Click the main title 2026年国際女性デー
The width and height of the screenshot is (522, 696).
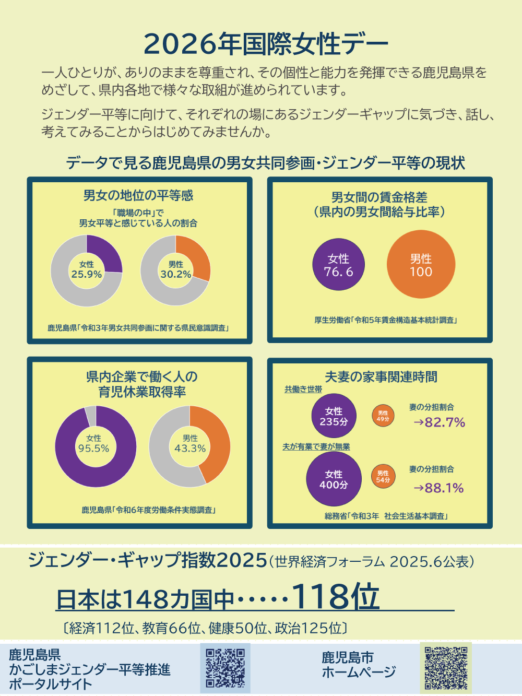(x=266, y=43)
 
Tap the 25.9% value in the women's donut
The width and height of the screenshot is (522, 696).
(x=87, y=275)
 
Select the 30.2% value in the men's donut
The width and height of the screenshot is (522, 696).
(x=176, y=275)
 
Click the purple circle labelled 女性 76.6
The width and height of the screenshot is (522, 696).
(x=338, y=265)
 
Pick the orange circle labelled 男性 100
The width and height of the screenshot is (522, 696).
(x=421, y=265)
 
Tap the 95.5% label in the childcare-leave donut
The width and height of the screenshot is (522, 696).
(x=94, y=449)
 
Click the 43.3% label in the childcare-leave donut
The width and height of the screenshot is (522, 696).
(x=190, y=449)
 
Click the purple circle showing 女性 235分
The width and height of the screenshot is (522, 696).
(x=334, y=416)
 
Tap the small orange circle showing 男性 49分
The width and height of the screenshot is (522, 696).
(x=383, y=416)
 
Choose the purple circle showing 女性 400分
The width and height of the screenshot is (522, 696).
(x=334, y=479)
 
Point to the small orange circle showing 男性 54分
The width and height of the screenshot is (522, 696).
(x=383, y=477)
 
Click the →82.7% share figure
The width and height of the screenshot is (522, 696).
(x=439, y=422)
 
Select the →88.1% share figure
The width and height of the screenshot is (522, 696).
(x=438, y=488)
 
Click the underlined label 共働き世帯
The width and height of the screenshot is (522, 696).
(x=303, y=390)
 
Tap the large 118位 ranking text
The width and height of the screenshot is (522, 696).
(x=335, y=596)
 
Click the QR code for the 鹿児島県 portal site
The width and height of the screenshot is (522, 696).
(x=225, y=668)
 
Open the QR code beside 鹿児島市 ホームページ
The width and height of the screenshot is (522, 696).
(x=446, y=668)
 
